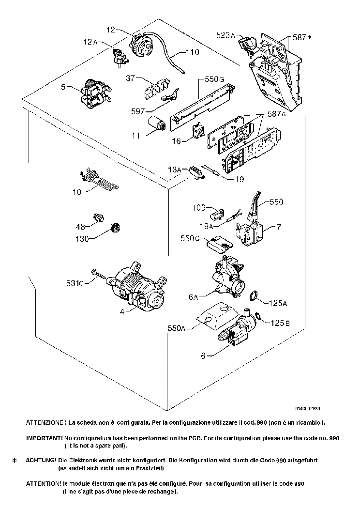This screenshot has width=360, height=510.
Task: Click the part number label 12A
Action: (91, 43)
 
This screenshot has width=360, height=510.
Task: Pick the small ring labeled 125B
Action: (259, 316)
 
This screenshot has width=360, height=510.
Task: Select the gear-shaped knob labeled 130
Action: (115, 228)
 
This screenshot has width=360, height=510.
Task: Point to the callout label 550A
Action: (177, 328)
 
